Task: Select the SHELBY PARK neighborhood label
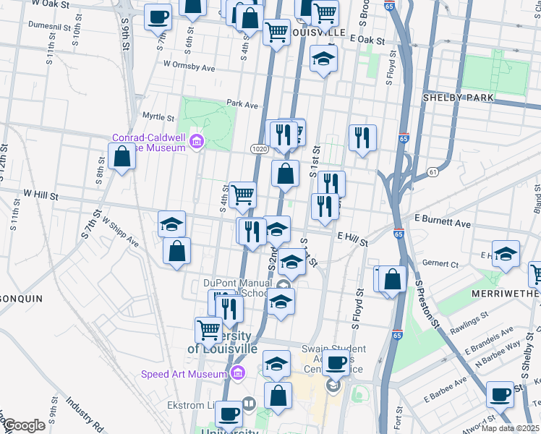click(458, 98)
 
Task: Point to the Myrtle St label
click(158, 116)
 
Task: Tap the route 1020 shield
click(260, 148)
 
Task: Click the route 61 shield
click(433, 171)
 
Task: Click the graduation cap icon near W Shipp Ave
click(172, 224)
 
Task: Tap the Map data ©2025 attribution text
click(511, 428)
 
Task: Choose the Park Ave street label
click(242, 105)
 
